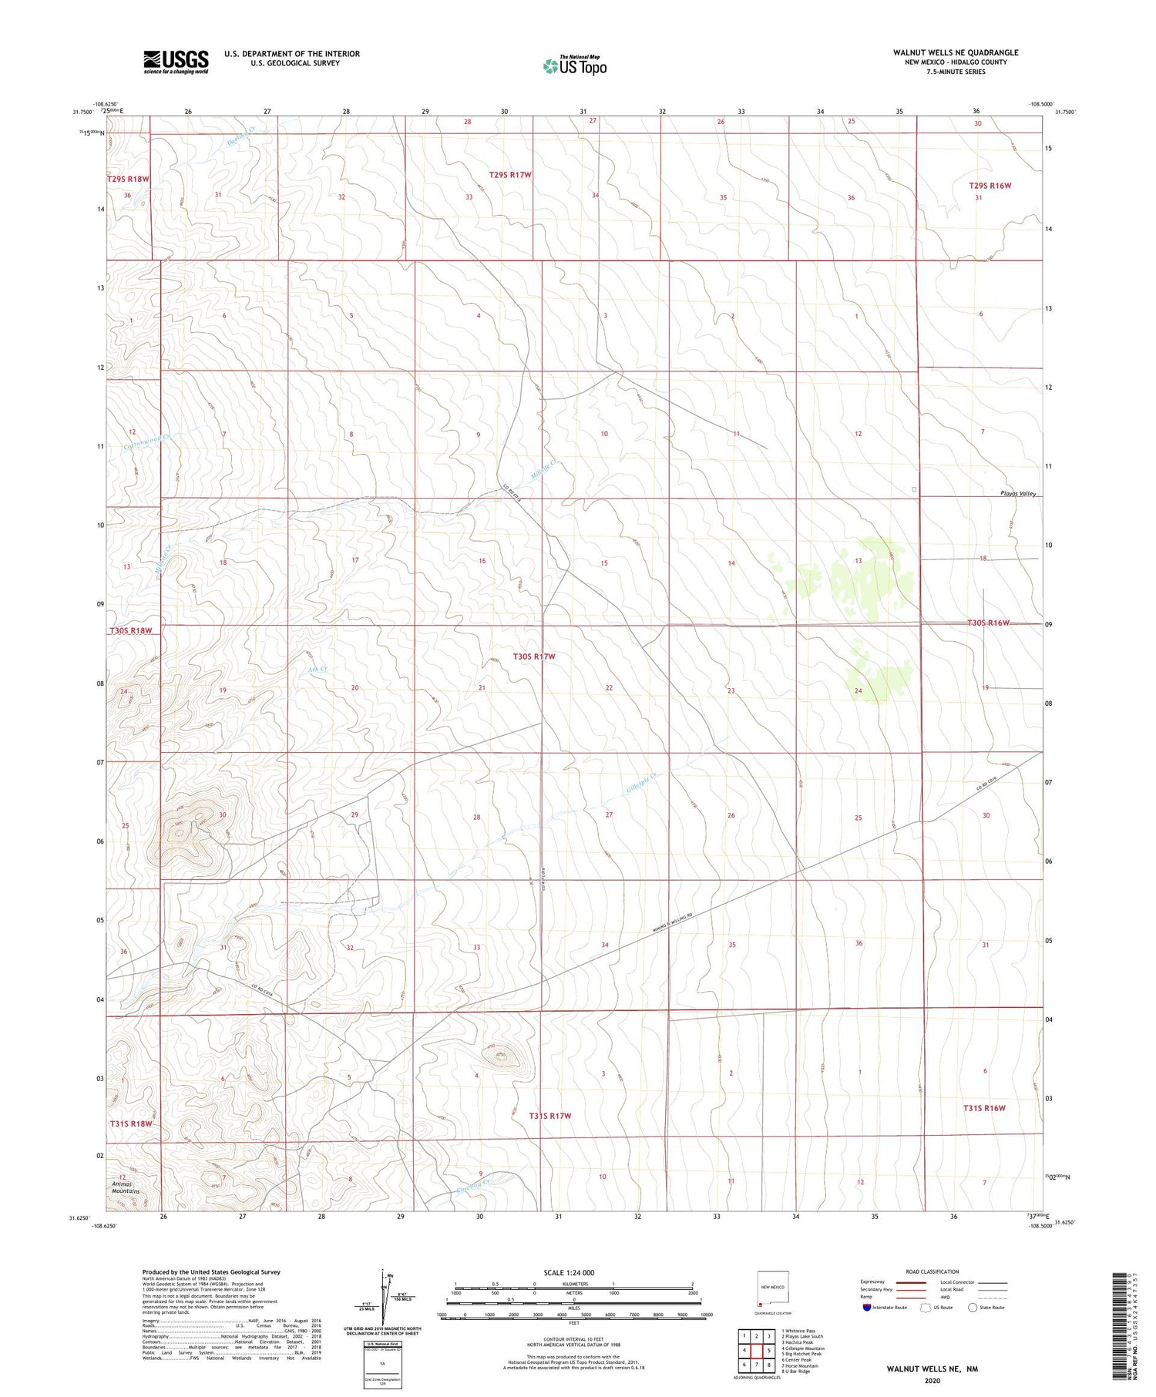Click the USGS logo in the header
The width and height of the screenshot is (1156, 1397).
coord(176,62)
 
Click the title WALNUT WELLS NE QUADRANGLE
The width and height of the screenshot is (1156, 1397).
coord(956,52)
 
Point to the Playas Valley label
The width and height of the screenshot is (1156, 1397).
coord(1018,493)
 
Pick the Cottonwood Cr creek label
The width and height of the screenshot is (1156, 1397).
coord(146,442)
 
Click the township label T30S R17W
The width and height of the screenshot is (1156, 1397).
coord(533,657)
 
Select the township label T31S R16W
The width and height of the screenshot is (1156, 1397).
coord(984,1108)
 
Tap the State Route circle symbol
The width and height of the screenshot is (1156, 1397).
coord(973,1308)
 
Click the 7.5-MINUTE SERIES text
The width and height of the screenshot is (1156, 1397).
coord(956,72)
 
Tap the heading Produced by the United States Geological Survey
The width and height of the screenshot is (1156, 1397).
coord(211,1272)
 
